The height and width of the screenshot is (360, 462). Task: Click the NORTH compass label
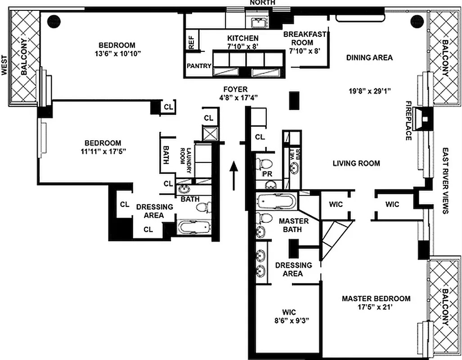tap(263, 3)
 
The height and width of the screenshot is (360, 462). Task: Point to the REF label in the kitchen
tap(191, 42)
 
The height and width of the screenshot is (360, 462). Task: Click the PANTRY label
tap(199, 66)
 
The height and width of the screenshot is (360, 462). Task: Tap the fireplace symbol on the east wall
tap(424, 118)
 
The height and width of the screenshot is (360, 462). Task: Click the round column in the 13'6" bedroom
tap(54, 21)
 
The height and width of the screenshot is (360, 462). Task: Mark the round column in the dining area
tap(417, 21)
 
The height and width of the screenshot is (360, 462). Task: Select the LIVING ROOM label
tap(356, 163)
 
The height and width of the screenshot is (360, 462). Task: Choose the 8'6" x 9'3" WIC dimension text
tap(289, 320)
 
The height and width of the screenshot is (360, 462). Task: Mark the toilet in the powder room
tap(265, 162)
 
